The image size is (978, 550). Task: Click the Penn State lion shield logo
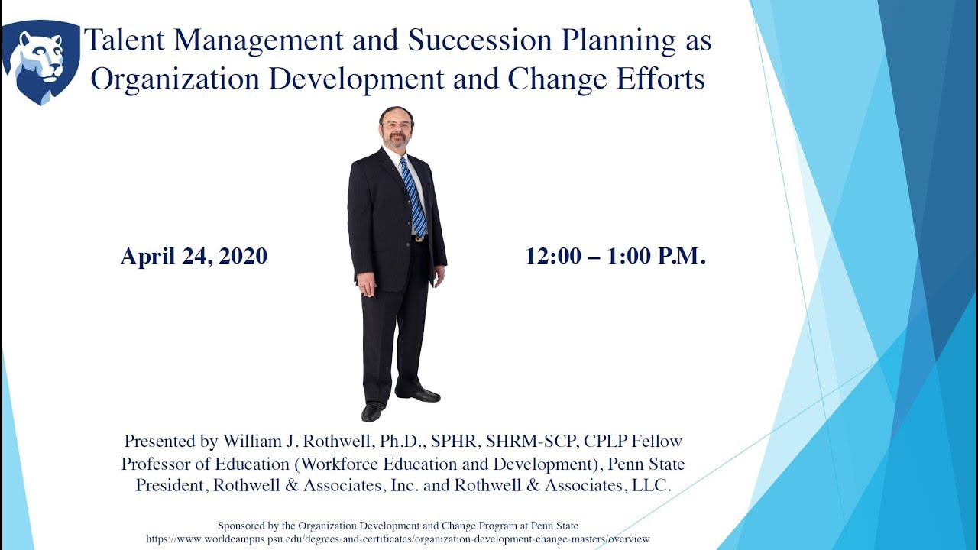[x=41, y=61]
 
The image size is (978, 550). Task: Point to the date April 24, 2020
[x=194, y=257]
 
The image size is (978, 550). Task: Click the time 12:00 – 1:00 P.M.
[x=615, y=257]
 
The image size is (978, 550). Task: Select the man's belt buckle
[x=418, y=238]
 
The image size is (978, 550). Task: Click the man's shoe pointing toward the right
[x=421, y=395]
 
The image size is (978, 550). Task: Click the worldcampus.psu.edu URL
[x=397, y=539]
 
